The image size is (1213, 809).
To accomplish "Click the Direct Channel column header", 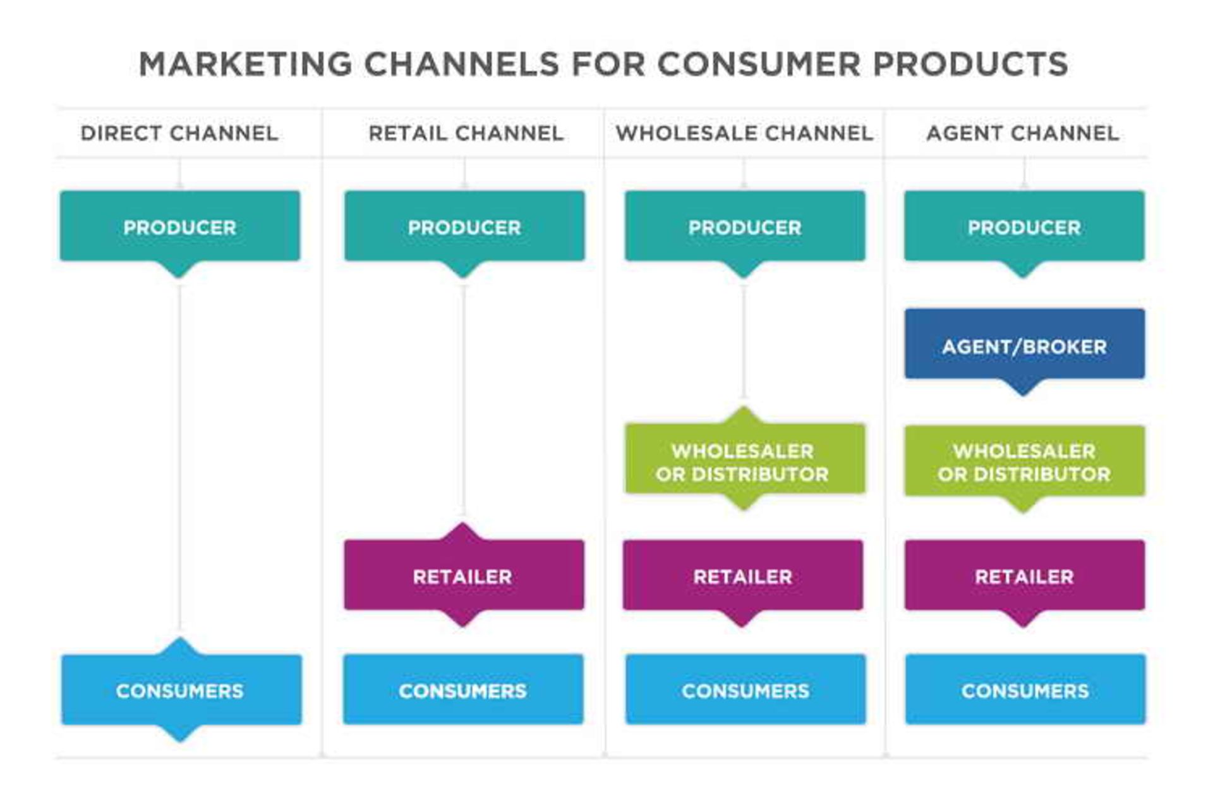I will click(x=179, y=133).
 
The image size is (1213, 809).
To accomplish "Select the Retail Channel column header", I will click(x=466, y=133).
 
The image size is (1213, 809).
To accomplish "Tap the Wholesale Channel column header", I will click(x=744, y=133).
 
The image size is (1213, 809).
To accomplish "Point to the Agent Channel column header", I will click(x=1023, y=133).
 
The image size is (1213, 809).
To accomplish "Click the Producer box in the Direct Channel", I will click(x=180, y=226).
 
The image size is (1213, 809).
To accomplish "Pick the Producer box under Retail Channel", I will click(x=464, y=226).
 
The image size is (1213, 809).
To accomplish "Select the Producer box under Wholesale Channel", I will click(x=745, y=226).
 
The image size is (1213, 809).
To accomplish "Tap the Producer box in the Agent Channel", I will click(x=1024, y=226).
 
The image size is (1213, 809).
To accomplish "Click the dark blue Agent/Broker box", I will click(x=1024, y=345).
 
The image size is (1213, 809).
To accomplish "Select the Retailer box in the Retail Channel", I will click(x=464, y=575).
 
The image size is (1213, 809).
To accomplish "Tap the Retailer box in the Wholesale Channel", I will click(x=743, y=575).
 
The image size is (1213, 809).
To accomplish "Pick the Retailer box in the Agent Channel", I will click(x=1024, y=575).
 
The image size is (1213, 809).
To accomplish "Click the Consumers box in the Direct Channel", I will click(x=181, y=690).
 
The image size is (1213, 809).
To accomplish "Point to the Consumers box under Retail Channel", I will click(x=463, y=690).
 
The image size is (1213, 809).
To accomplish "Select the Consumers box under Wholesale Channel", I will click(x=745, y=690).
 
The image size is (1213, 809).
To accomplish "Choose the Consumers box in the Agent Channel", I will click(x=1025, y=690).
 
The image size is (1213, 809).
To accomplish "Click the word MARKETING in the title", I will click(x=245, y=64).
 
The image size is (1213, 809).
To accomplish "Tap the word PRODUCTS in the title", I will click(x=970, y=64).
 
